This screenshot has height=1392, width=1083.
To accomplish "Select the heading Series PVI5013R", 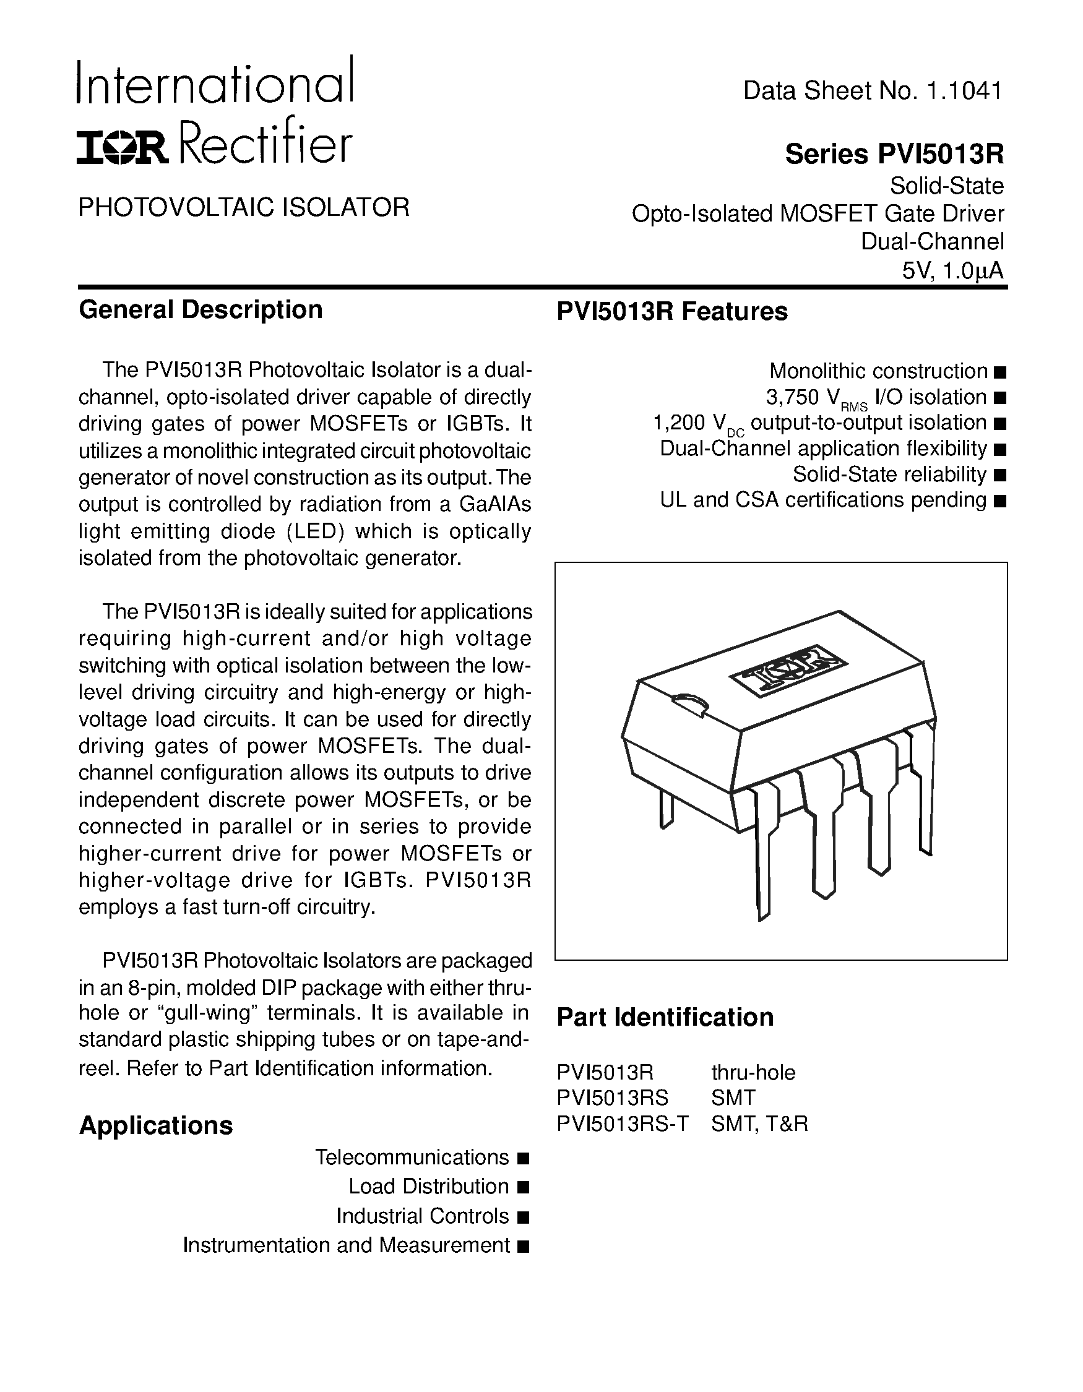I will [x=894, y=154].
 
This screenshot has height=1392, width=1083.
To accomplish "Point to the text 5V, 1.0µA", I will [x=952, y=272].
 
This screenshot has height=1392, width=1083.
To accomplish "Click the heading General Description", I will [x=200, y=311].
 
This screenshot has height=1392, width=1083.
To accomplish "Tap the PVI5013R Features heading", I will [x=672, y=312].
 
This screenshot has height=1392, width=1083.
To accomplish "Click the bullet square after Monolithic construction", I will [x=999, y=372].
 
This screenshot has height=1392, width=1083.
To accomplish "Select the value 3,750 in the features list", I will [x=792, y=398].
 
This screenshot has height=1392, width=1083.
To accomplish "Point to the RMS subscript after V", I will [x=854, y=407].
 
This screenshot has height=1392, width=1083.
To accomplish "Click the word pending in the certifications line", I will [x=949, y=501].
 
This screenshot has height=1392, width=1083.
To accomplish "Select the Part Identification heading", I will [x=665, y=1018].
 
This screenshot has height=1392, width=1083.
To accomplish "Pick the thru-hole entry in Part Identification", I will [x=753, y=1073].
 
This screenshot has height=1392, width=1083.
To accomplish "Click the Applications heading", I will [x=155, y=1125].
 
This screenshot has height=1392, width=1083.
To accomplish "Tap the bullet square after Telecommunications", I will [x=524, y=1158].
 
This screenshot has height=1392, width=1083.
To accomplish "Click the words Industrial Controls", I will [x=422, y=1216].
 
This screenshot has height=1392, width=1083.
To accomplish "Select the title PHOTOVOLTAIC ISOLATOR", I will [x=243, y=208].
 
